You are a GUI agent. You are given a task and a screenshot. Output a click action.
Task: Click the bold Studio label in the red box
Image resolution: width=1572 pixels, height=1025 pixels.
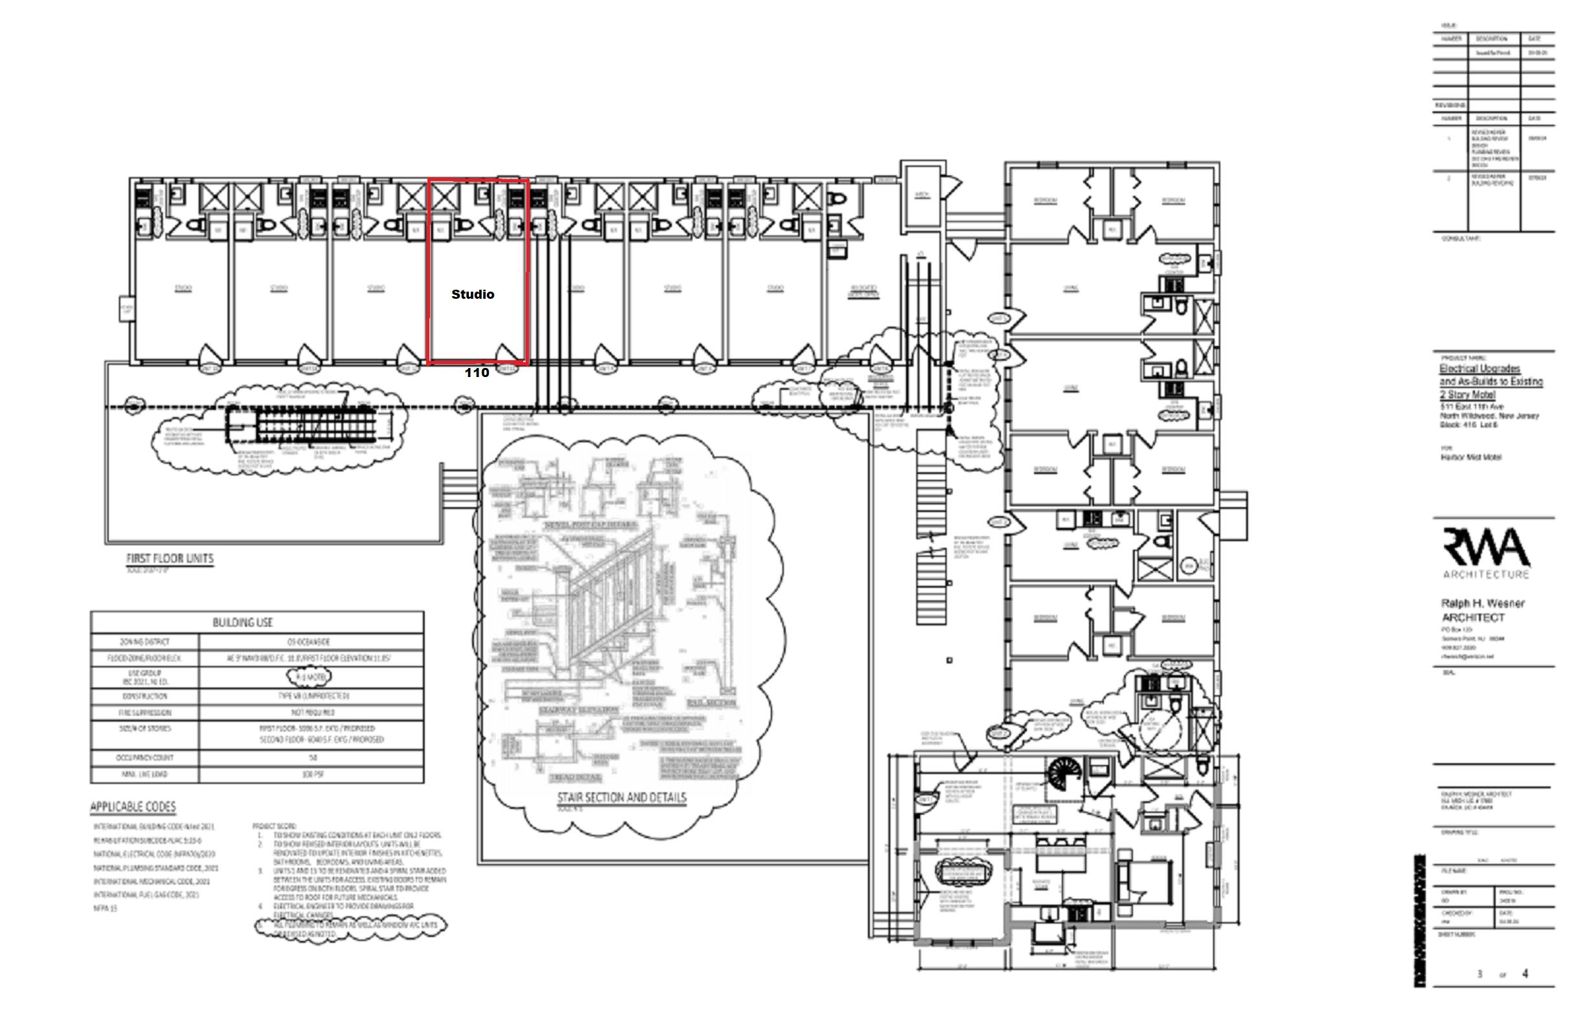tap(472, 294)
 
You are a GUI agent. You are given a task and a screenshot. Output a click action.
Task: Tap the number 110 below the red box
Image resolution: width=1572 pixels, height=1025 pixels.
tap(477, 373)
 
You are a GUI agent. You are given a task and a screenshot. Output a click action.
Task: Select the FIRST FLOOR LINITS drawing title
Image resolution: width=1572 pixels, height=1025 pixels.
tap(170, 559)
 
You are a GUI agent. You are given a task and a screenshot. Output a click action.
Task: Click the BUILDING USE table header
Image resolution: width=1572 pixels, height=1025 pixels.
tap(242, 623)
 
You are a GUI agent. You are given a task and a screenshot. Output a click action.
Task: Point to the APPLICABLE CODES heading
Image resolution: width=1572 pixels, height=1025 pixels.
tap(133, 807)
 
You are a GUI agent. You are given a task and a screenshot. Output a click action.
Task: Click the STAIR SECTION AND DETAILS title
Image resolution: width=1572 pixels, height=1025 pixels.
tap(621, 797)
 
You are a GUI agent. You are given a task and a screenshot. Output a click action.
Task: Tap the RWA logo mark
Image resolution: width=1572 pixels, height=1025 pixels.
tap(1485, 548)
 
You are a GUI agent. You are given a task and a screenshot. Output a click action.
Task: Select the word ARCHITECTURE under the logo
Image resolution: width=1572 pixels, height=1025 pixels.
tap(1485, 574)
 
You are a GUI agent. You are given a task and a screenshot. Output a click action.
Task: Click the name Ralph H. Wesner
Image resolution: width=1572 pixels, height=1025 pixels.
tap(1482, 603)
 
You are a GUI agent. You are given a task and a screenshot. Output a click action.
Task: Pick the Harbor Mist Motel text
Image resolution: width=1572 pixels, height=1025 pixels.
tap(1471, 457)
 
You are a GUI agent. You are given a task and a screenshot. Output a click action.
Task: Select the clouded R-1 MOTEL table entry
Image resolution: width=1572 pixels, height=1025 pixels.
tap(308, 677)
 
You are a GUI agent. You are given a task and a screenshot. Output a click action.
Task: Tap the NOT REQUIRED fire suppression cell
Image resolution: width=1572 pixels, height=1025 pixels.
tap(312, 713)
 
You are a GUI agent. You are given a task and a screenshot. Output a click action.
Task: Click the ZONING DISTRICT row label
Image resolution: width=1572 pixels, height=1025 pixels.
tap(145, 642)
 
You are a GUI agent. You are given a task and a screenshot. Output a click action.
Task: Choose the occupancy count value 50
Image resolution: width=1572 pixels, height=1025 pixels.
tap(312, 757)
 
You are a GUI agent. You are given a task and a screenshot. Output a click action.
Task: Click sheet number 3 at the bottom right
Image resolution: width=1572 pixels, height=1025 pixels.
tap(1480, 974)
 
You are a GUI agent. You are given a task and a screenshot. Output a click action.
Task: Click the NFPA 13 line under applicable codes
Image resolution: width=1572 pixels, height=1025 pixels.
tap(105, 909)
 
